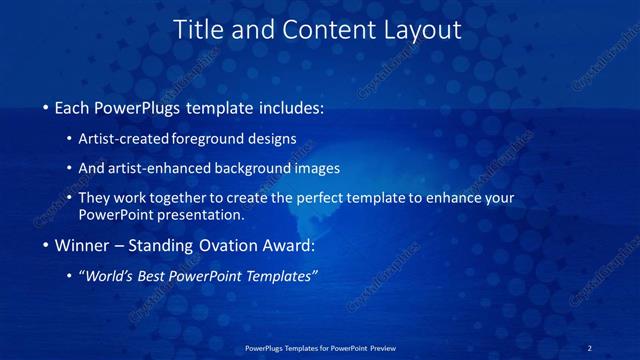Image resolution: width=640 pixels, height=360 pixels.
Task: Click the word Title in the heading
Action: (197, 31)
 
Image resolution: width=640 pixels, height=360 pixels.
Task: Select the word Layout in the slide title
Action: (420, 31)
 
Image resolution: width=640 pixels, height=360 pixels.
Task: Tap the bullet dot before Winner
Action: (46, 246)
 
